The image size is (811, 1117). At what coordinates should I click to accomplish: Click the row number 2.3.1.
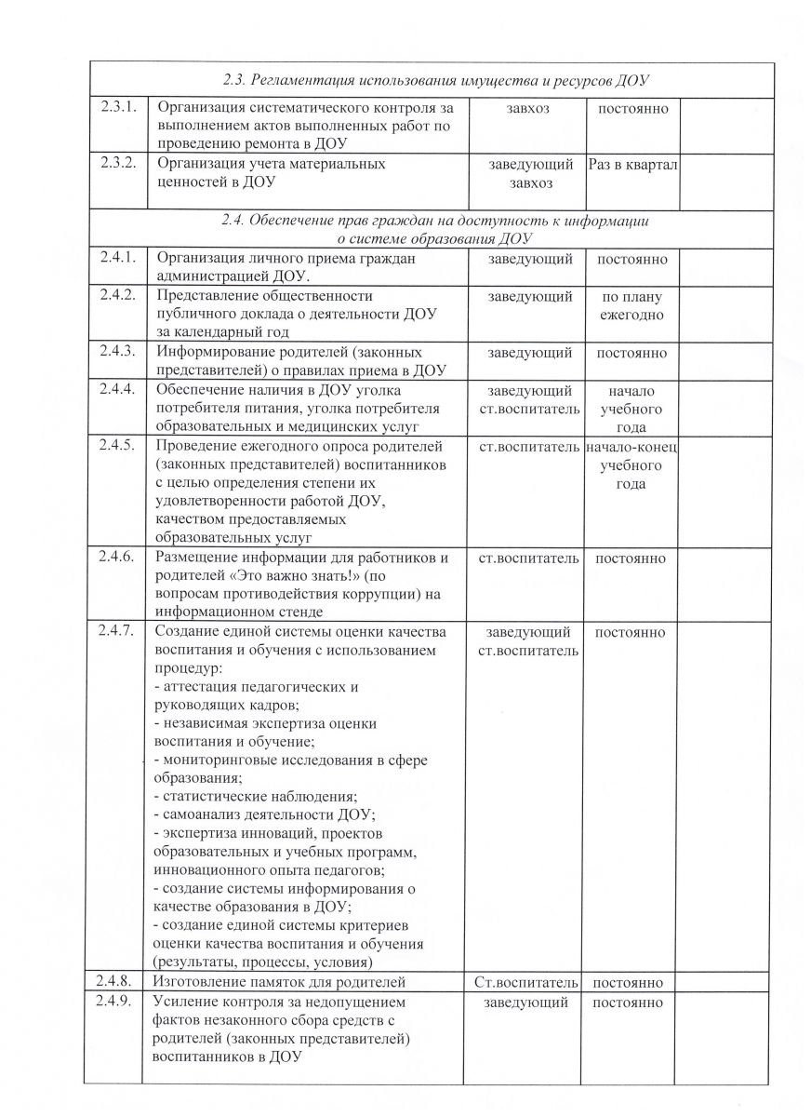point(118,109)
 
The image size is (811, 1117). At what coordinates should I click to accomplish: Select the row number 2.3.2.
point(118,164)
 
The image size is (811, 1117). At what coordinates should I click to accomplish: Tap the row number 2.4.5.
point(118,447)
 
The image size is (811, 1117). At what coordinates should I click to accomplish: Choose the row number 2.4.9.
point(118,1003)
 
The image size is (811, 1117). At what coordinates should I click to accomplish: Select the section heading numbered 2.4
point(433,230)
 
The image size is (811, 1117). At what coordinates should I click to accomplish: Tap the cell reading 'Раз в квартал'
point(632,165)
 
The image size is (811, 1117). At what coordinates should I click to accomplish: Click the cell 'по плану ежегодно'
point(630,305)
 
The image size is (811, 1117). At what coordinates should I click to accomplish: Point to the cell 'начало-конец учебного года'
point(632,465)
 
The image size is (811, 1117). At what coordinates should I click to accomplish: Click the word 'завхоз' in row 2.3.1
point(528,110)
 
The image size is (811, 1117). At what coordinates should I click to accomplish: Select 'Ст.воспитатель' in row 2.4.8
point(526,983)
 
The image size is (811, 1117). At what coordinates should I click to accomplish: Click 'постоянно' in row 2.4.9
point(630,1003)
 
